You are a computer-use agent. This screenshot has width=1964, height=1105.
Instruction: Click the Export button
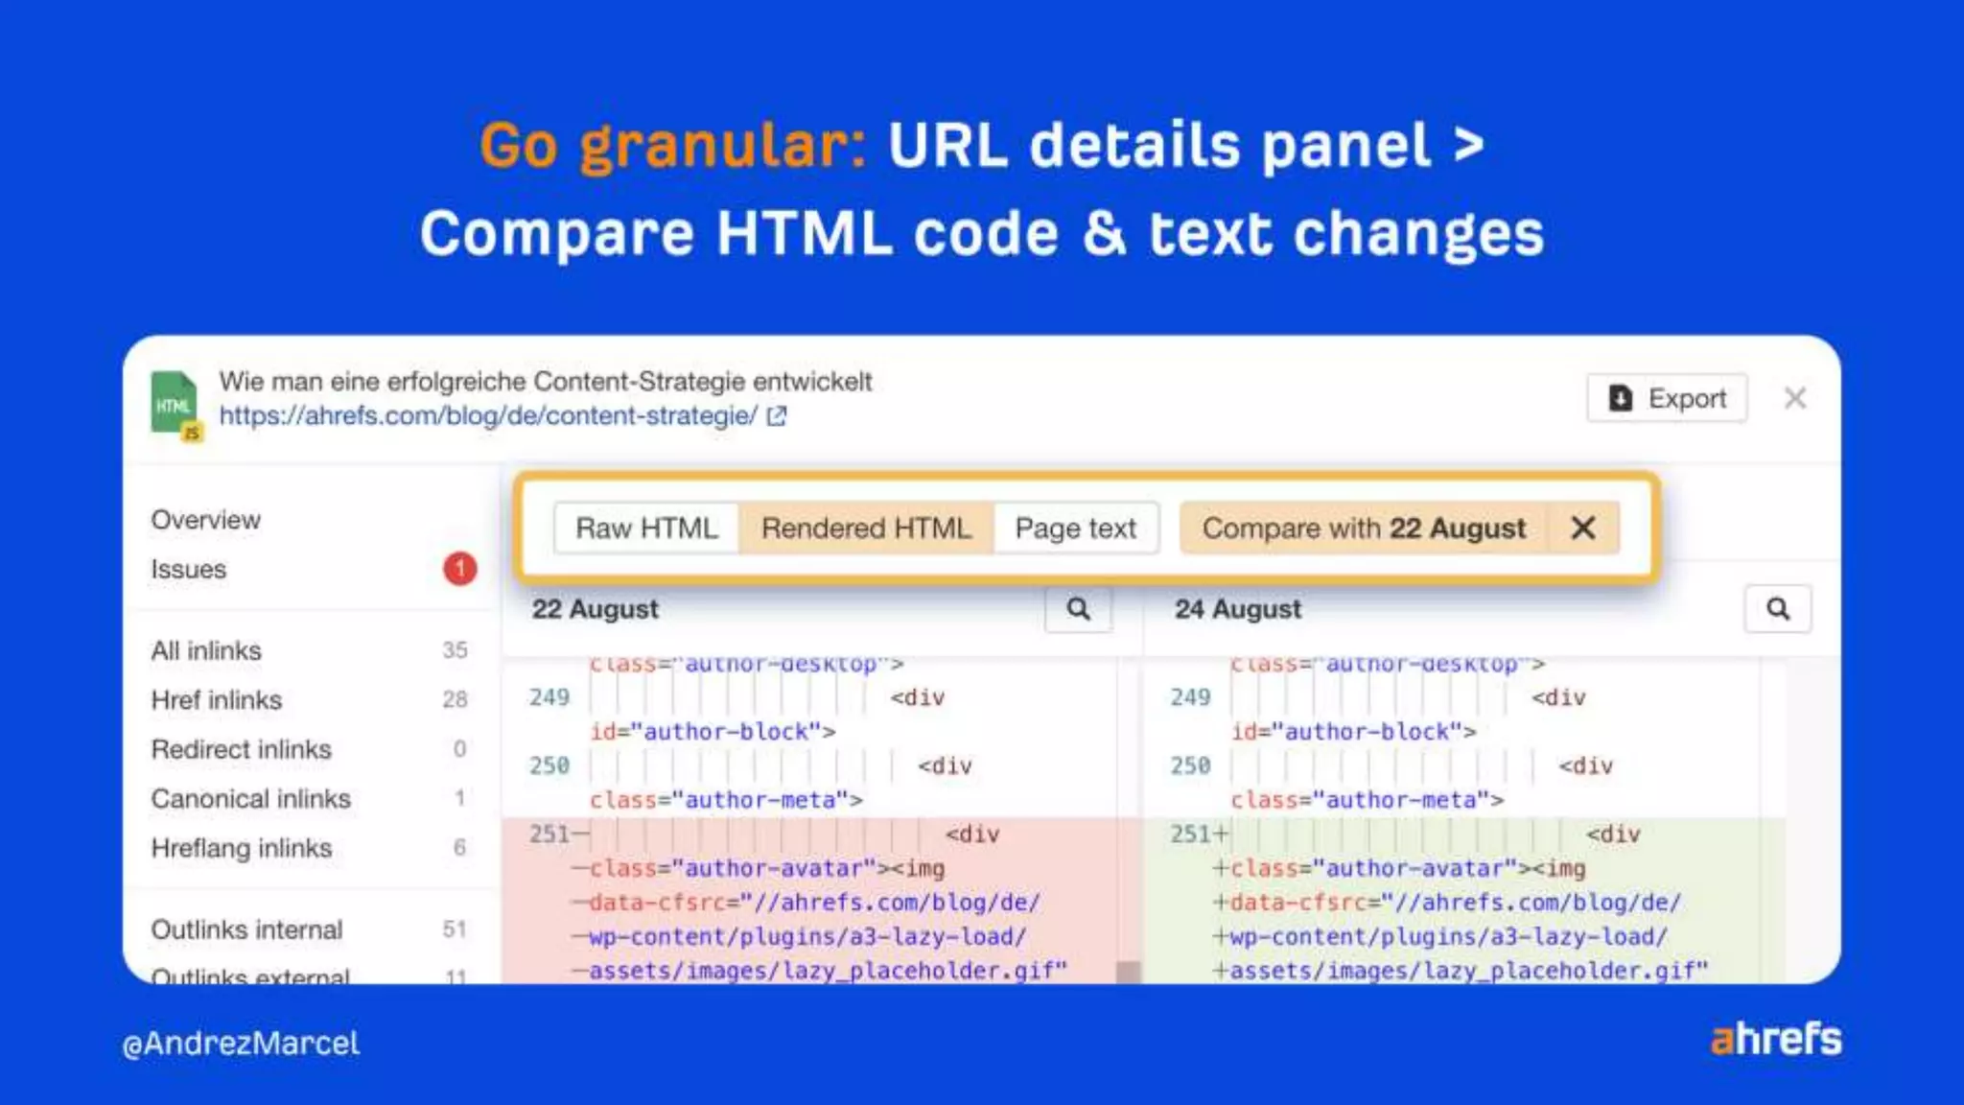tap(1667, 398)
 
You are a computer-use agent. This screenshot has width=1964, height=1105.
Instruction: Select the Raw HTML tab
tap(646, 529)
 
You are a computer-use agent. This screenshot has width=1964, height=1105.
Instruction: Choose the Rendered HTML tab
tap(866, 529)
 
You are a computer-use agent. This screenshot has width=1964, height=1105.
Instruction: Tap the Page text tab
tap(1075, 529)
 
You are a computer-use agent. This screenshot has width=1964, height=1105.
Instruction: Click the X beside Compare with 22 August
tap(1583, 528)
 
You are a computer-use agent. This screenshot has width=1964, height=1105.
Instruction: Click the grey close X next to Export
tap(1795, 398)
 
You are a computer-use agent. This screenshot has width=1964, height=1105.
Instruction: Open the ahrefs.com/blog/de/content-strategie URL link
tap(489, 415)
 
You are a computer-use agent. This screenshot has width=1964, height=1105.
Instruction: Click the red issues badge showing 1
tap(459, 569)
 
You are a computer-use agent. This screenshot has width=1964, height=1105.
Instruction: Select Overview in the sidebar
tap(206, 520)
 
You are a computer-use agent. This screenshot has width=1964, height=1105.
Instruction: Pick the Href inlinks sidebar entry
tap(217, 700)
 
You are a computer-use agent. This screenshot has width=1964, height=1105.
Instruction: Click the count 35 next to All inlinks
tap(455, 650)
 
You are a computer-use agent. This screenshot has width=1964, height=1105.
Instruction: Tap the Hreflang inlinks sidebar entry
tap(242, 848)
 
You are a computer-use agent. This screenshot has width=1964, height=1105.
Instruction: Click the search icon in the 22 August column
tap(1078, 609)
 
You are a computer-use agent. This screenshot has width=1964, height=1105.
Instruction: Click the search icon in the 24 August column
tap(1777, 609)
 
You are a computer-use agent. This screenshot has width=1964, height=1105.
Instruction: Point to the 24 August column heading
tap(1237, 609)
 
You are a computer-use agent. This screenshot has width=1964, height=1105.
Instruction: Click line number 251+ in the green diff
tap(1197, 834)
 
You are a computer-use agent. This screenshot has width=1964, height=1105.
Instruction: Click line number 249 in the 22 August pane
tap(549, 697)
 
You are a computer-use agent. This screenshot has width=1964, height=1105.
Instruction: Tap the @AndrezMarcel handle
tap(241, 1043)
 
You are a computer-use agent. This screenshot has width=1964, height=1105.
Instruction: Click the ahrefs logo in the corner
tap(1775, 1039)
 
